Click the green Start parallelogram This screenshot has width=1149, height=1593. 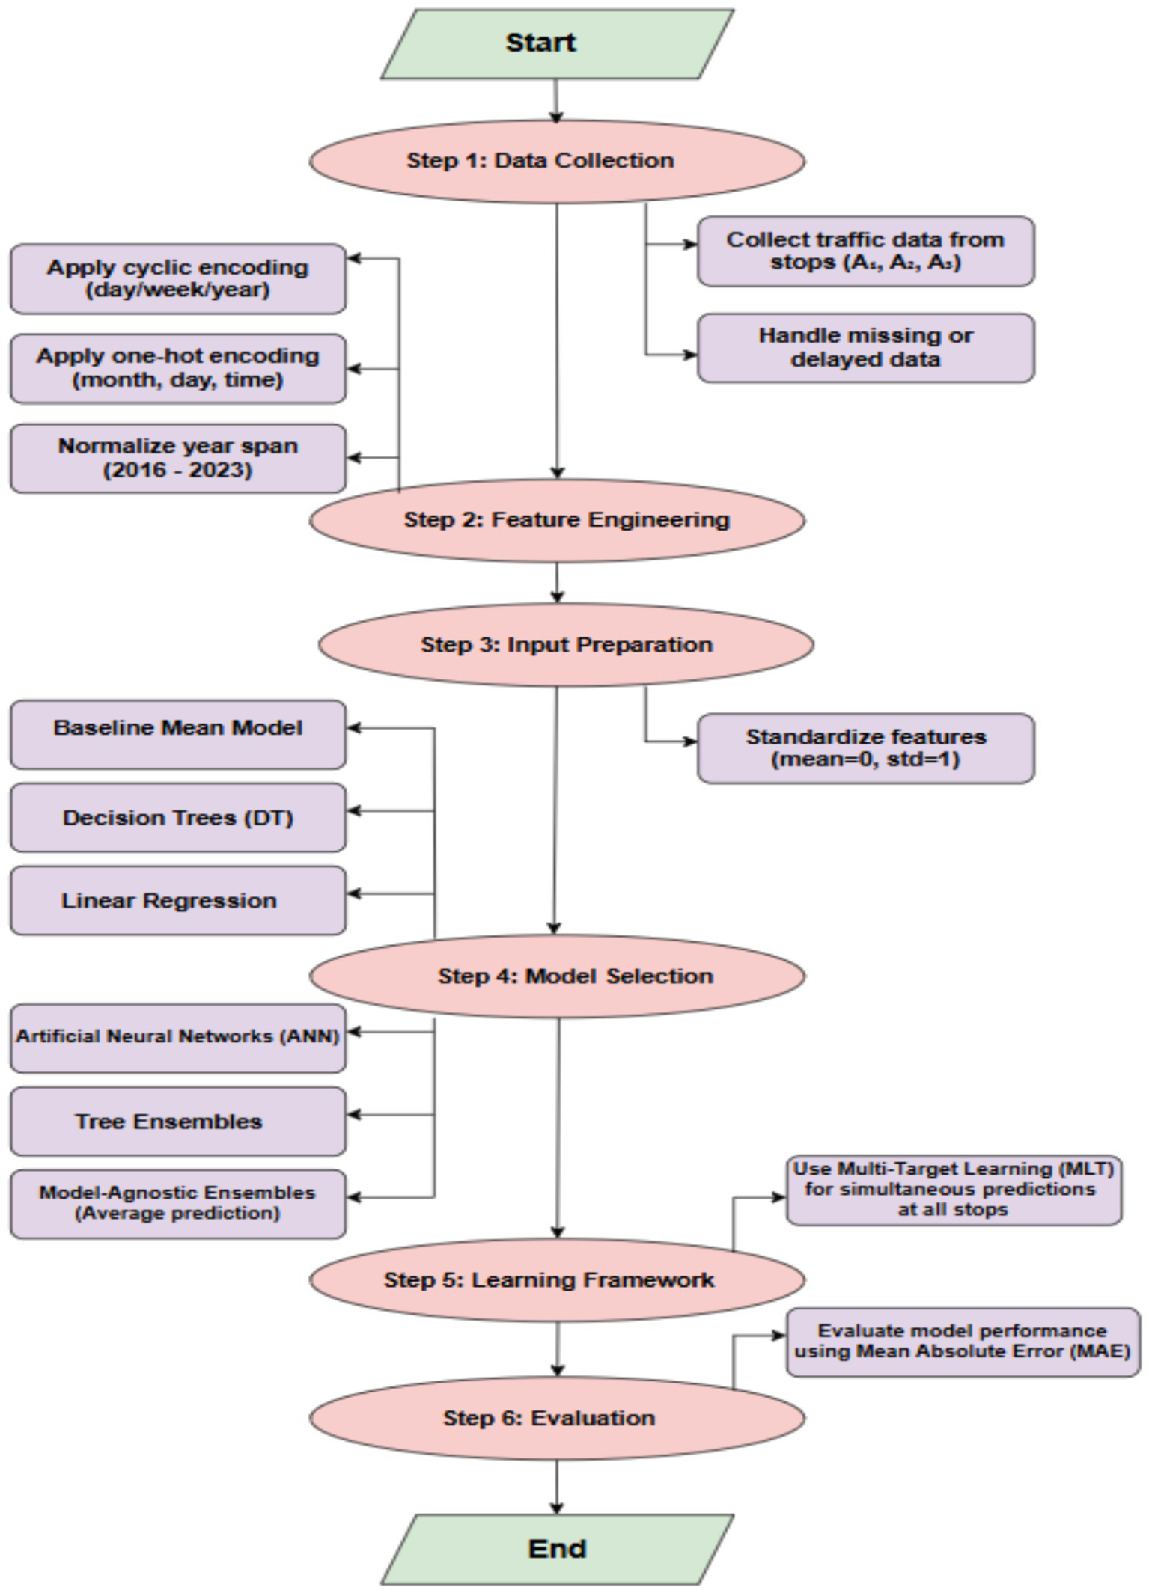(557, 43)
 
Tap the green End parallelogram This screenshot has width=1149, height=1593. (557, 1548)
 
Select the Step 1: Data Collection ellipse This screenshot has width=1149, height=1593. (557, 161)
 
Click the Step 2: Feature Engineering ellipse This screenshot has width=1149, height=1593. (557, 520)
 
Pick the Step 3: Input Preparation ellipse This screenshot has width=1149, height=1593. (566, 644)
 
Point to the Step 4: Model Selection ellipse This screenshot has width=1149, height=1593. (557, 976)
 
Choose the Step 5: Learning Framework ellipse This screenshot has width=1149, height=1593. (557, 1279)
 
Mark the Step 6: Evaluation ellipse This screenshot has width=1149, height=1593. (557, 1418)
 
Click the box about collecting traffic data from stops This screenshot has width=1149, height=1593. (865, 251)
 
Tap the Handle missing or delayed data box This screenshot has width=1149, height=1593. (865, 348)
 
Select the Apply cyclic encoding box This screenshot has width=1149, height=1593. (177, 278)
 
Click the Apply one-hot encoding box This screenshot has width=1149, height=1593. (177, 368)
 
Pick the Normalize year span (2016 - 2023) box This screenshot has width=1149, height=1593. (177, 458)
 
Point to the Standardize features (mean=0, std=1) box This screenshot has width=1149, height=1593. (865, 747)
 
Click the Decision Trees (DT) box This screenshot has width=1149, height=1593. (177, 817)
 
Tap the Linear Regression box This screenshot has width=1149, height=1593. (177, 900)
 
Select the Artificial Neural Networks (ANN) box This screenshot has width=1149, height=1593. (177, 1038)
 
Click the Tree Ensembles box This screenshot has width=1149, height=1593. (177, 1121)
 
